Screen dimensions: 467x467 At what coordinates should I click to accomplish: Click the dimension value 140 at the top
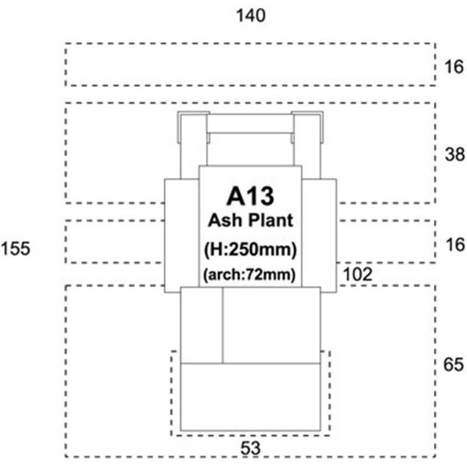tap(250, 16)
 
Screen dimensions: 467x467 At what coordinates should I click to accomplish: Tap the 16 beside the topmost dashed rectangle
tap(454, 67)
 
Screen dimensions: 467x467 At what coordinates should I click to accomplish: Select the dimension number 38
tap(455, 154)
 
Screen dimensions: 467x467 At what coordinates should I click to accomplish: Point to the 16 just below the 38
tap(455, 245)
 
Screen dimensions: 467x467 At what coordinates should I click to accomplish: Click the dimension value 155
tap(16, 249)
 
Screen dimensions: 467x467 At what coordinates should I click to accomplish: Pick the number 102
tap(358, 274)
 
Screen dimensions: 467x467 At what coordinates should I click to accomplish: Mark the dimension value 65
tap(454, 364)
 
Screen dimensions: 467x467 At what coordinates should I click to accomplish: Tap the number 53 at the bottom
tap(250, 448)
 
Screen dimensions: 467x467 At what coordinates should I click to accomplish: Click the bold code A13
tap(250, 196)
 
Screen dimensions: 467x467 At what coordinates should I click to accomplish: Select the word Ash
tap(225, 221)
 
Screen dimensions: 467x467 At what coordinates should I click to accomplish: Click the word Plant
tap(270, 221)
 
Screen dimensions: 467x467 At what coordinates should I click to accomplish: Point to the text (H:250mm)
tap(250, 249)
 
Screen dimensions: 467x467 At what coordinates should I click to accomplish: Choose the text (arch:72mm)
tap(249, 274)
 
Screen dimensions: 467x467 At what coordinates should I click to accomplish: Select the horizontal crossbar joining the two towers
tap(250, 124)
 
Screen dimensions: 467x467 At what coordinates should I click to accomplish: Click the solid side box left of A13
tap(182, 235)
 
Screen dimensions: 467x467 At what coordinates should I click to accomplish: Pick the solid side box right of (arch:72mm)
tap(319, 235)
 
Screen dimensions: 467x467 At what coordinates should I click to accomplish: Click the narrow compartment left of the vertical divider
tap(201, 325)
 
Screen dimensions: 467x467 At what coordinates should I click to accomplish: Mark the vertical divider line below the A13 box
tap(222, 325)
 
